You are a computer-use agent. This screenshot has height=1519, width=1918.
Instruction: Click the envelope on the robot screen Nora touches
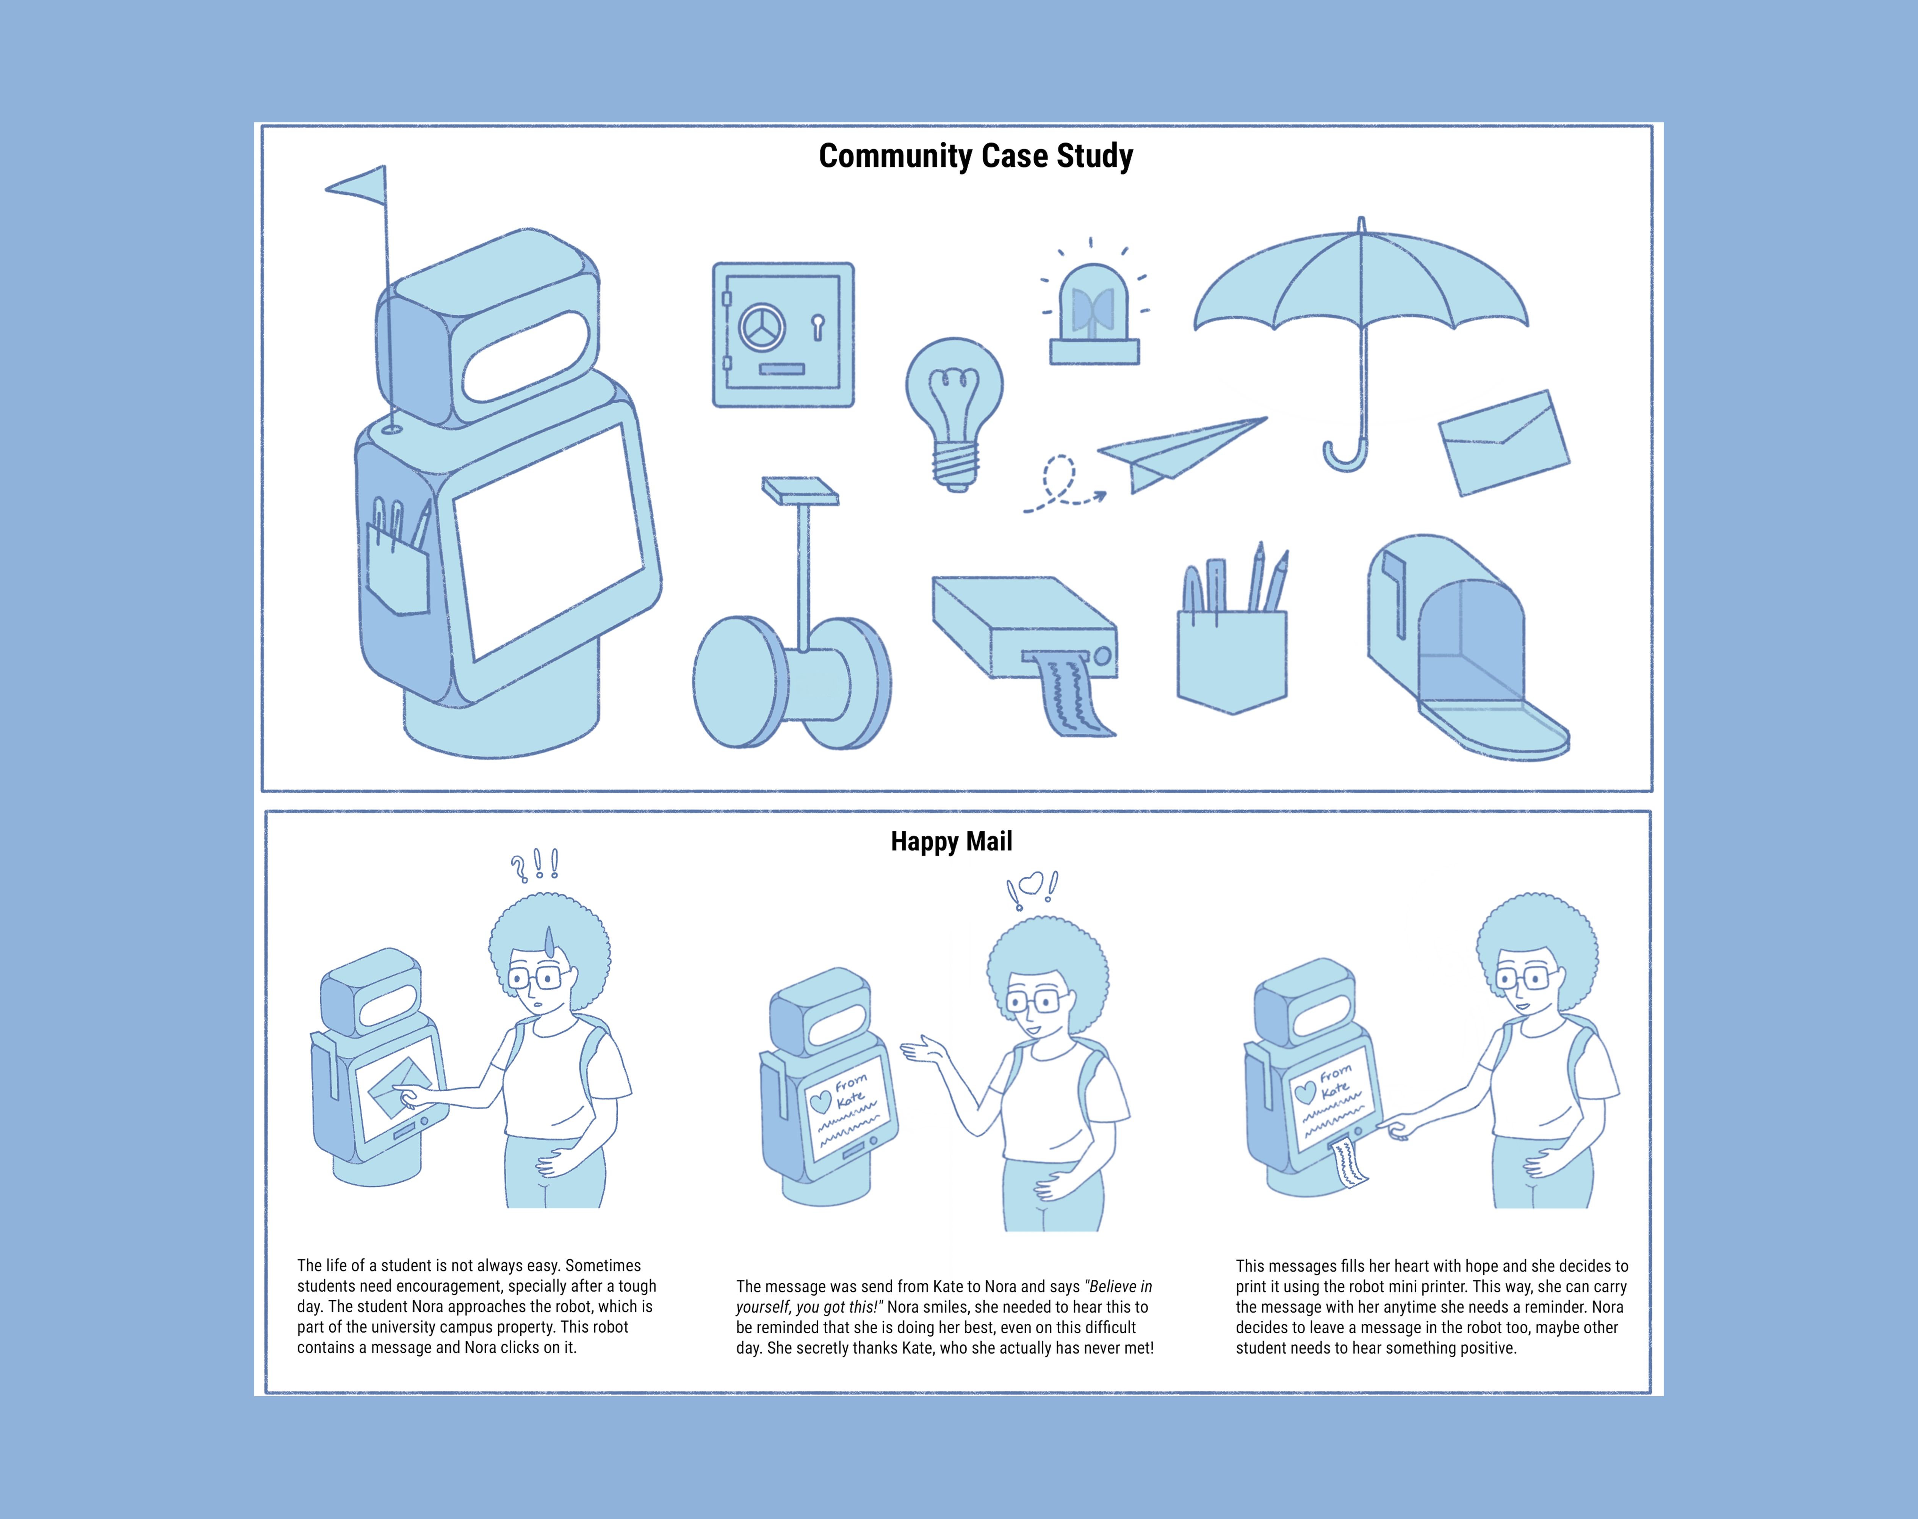tap(396, 1087)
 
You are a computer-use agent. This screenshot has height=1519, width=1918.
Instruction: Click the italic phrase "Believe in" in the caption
tap(1119, 1286)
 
